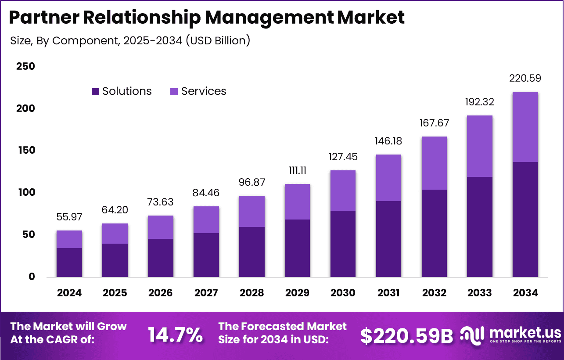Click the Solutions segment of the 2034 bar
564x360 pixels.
pos(525,220)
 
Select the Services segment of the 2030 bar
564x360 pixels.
pos(343,191)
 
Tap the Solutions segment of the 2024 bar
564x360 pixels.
pos(69,263)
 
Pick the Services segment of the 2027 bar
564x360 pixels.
pos(206,220)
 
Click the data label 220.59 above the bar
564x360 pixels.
pos(525,79)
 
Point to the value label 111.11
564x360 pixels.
pos(297,171)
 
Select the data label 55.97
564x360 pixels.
pos(69,217)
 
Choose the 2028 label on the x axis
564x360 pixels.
pos(251,293)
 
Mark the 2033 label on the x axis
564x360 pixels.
pos(479,293)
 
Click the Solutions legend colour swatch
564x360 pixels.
pos(95,92)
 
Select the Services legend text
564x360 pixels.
pos(204,91)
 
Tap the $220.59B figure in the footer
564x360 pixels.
pos(406,336)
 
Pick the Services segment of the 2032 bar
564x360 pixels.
pos(434,163)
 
